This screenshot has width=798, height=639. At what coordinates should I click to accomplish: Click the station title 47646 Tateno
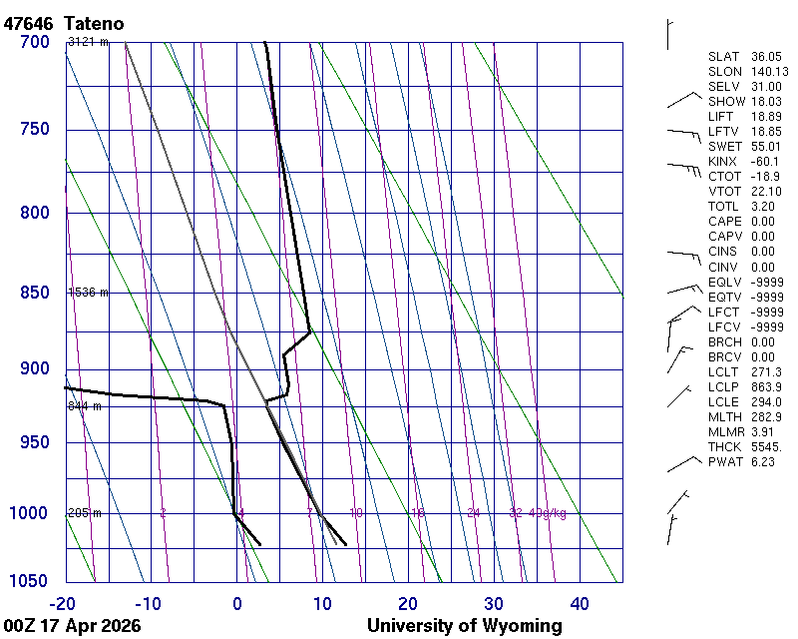69,22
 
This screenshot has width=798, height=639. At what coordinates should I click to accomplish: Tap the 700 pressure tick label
34,42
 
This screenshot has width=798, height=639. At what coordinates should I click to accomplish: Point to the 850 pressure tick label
34,293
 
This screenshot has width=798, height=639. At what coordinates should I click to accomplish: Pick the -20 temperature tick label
62,603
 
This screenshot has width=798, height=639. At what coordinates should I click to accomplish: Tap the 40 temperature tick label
580,603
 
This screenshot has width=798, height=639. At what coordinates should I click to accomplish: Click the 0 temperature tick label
237,603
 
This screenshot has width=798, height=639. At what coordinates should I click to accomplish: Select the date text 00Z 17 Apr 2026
72,626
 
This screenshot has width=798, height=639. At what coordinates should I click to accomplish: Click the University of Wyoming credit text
464,626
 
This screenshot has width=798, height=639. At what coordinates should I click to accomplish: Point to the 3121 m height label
88,42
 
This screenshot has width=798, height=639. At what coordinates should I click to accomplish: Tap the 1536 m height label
88,293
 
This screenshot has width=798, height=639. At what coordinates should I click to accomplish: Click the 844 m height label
85,406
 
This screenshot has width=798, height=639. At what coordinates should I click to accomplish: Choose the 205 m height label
85,513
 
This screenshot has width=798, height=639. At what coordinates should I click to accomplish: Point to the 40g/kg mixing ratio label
548,513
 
